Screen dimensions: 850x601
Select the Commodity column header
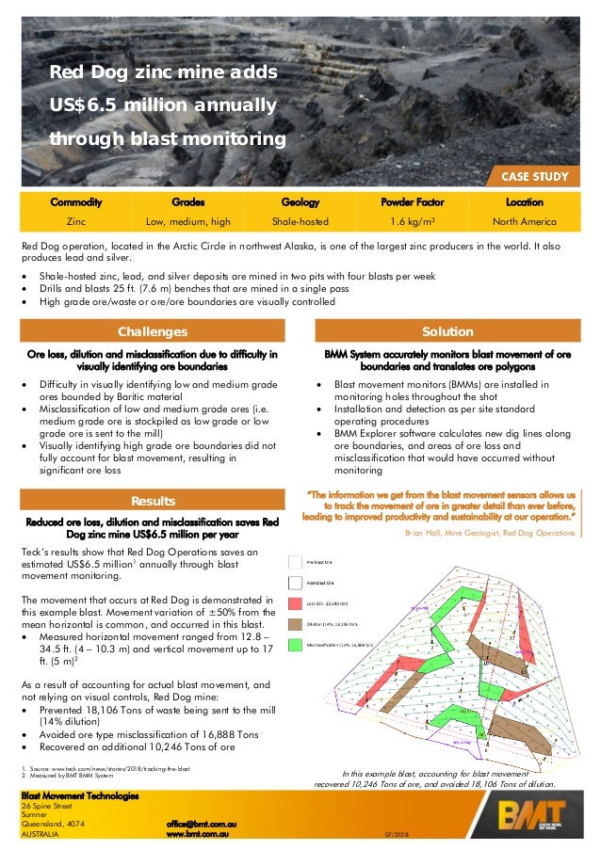point(76,201)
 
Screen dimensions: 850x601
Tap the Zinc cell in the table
point(76,222)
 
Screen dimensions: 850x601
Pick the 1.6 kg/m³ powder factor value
point(411,222)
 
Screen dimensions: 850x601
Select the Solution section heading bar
point(447,331)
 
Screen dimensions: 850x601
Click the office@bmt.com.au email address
point(201,824)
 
